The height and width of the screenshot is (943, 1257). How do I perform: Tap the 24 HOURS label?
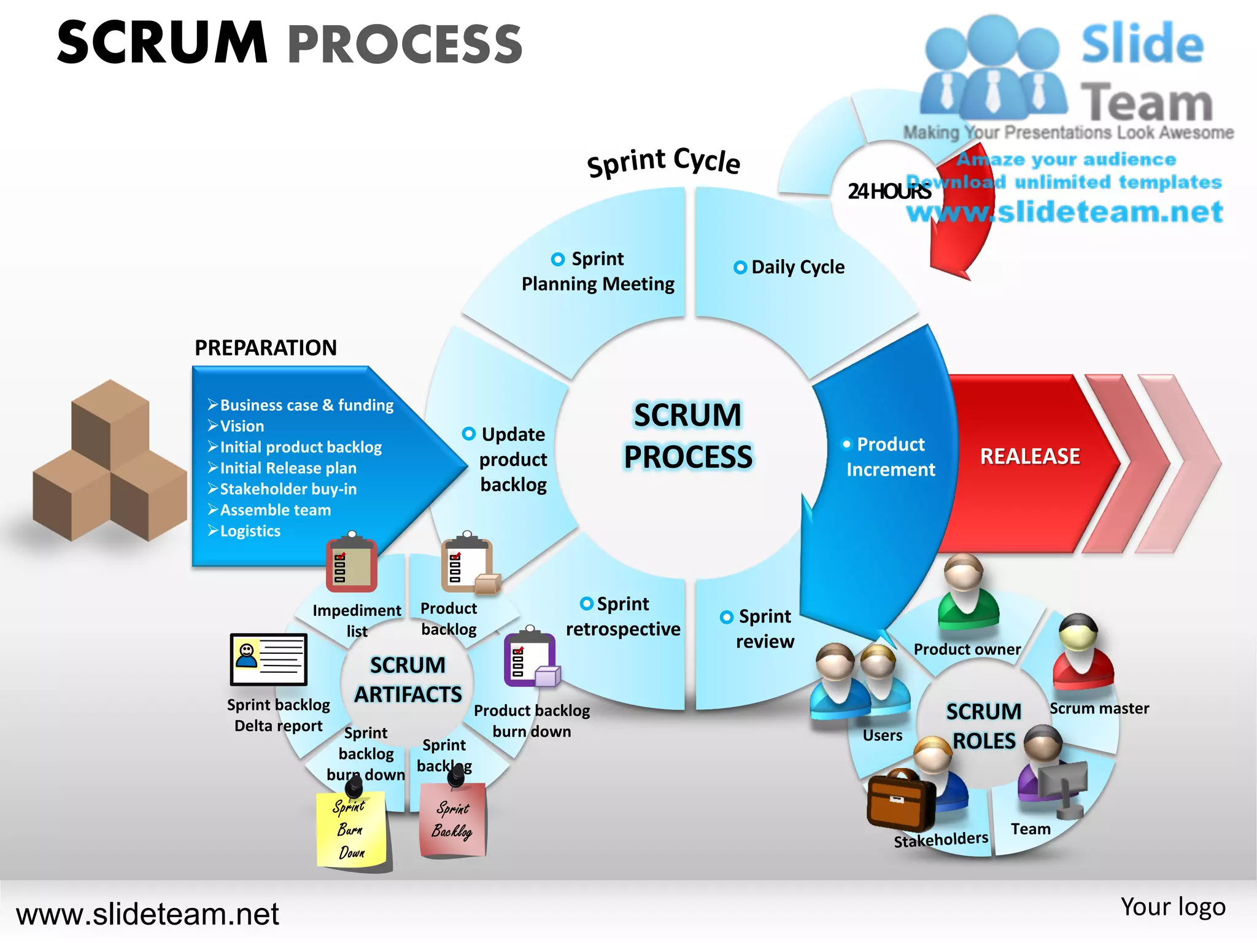[888, 192]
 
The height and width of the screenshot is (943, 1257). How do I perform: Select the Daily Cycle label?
[797, 267]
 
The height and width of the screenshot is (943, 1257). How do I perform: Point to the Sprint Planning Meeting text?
[597, 271]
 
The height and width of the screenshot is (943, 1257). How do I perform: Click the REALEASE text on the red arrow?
[1029, 456]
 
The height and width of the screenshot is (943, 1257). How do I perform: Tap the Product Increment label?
[890, 457]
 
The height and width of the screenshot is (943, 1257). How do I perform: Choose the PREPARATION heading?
[266, 347]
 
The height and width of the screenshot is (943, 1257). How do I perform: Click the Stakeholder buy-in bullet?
[287, 489]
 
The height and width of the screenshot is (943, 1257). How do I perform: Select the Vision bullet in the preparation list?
[241, 426]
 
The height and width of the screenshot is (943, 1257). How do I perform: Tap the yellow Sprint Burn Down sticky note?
[352, 829]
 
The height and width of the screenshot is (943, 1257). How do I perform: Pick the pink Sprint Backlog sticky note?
[453, 820]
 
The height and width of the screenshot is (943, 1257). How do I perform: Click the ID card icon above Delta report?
[268, 659]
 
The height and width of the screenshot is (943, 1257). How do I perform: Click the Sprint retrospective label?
[622, 616]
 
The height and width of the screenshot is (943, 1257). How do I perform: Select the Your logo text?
[1172, 907]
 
